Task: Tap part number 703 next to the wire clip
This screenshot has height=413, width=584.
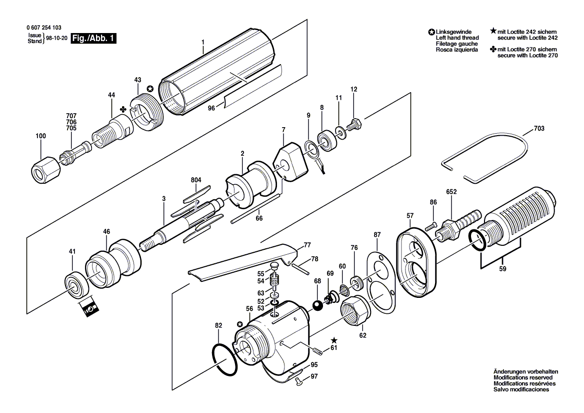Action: pos(539,128)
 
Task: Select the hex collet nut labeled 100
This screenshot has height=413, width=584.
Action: pos(45,172)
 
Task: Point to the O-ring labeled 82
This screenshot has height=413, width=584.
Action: pos(224,360)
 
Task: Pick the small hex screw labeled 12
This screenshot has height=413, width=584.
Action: pos(354,125)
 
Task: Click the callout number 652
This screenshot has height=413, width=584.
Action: pos(451,192)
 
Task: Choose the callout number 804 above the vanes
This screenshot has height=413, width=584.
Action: pos(196,180)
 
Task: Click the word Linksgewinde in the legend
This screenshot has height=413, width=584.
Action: pos(453,32)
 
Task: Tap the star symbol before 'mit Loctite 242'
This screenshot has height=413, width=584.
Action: pos(493,32)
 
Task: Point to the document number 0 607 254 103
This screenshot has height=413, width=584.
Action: pos(44,28)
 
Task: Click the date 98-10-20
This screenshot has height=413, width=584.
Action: pos(56,38)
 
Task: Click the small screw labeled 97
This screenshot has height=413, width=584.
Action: pos(298,380)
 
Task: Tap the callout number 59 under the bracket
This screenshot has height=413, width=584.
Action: pos(502,269)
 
